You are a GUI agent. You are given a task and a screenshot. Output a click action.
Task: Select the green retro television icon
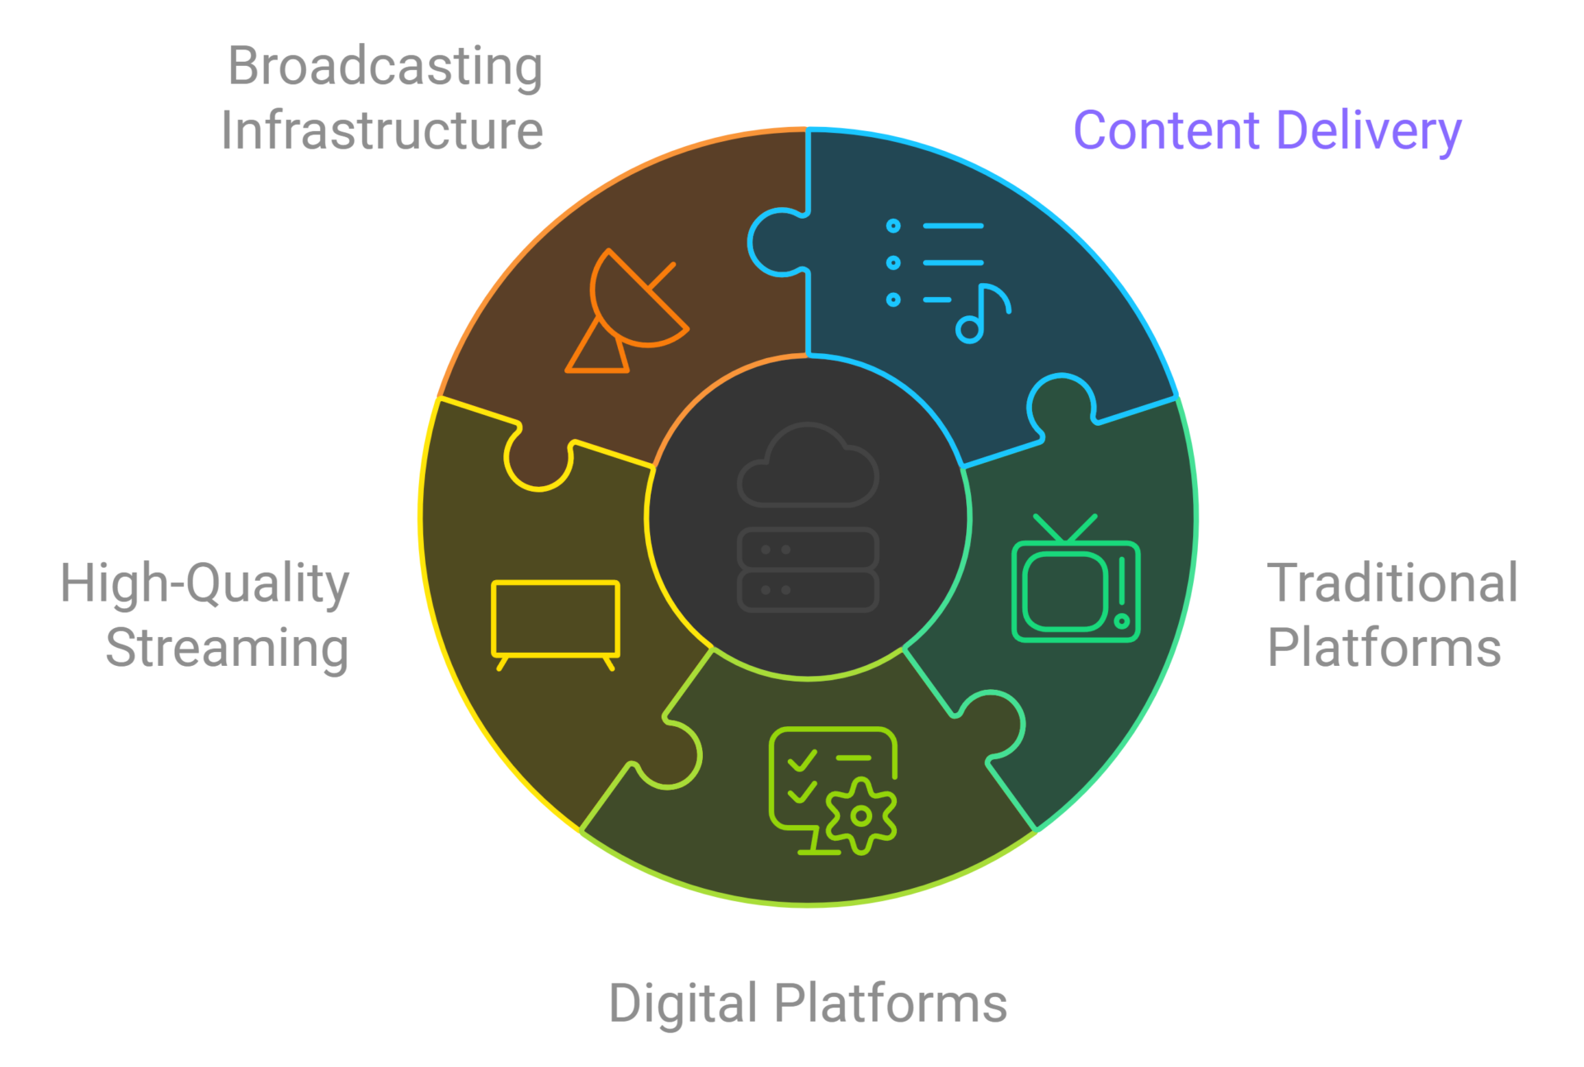[1076, 582]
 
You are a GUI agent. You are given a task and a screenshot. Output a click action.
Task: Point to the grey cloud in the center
[808, 466]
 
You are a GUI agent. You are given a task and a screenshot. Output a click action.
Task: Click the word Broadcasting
[385, 68]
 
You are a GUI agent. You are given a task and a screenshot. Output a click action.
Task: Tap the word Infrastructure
[382, 132]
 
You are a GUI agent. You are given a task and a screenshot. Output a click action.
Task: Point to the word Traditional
[1393, 583]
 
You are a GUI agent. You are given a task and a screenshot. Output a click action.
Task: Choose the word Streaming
[228, 649]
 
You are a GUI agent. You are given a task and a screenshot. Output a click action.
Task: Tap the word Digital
[682, 1004]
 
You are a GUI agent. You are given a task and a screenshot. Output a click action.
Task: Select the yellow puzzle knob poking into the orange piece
[538, 465]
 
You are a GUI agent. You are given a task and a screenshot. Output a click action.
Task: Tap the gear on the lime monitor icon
[861, 815]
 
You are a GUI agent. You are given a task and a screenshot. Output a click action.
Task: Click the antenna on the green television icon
[1065, 528]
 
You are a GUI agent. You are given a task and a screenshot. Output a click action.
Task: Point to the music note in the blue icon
[981, 314]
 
